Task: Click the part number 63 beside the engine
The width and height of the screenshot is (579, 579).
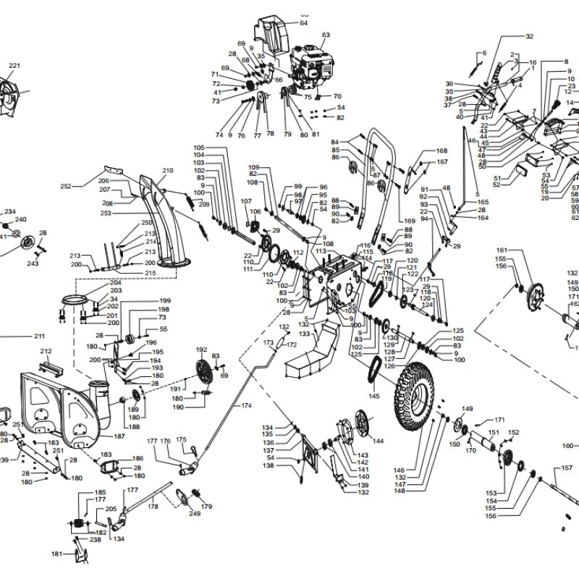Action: tap(326, 35)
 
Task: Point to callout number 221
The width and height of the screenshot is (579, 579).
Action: tap(14, 67)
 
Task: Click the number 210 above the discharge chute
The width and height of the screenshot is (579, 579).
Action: tap(168, 172)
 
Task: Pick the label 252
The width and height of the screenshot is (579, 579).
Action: tap(66, 186)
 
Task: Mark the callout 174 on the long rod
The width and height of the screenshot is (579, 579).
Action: tap(247, 406)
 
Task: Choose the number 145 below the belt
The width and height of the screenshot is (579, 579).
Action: tap(373, 396)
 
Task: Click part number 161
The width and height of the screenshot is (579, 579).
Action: tap(502, 250)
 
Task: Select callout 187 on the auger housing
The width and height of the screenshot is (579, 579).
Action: tap(120, 437)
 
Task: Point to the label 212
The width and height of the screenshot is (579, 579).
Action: tap(46, 351)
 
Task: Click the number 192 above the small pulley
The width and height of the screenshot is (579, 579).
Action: tap(201, 350)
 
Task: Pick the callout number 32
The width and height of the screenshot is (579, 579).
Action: tap(529, 36)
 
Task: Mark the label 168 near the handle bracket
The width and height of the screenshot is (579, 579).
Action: tap(441, 151)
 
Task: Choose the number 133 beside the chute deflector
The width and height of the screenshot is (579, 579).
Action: tap(304, 334)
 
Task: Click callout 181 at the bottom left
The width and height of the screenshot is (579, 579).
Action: tap(56, 554)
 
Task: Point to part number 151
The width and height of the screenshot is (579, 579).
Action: tap(494, 433)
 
